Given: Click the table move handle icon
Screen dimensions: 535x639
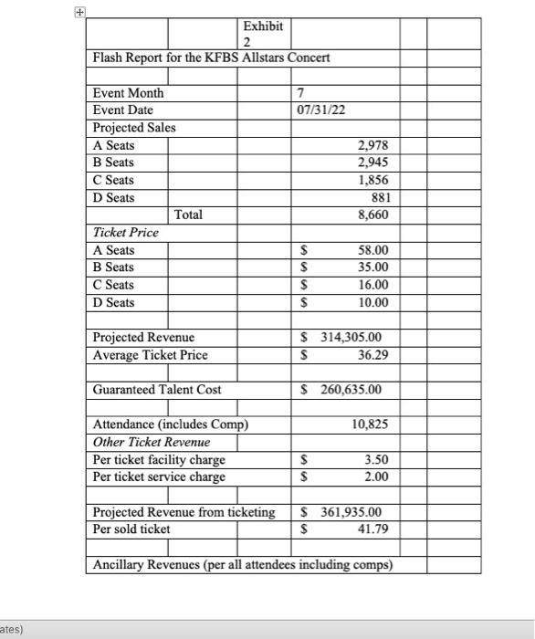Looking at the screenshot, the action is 80,14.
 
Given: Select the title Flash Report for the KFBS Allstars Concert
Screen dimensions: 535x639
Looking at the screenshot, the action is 211,58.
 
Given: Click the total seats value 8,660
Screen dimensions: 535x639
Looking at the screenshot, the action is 370,215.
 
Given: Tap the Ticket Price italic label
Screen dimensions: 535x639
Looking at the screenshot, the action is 125,233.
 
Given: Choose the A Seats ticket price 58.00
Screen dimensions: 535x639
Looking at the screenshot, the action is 372,250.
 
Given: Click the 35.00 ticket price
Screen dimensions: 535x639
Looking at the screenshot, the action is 372,267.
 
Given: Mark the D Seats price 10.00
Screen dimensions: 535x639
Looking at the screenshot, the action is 372,302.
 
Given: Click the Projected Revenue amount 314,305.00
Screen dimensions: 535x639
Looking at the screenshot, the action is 351,337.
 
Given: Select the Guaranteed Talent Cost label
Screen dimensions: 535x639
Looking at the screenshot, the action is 157,390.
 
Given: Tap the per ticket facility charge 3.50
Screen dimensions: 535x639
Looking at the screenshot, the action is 375,459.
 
